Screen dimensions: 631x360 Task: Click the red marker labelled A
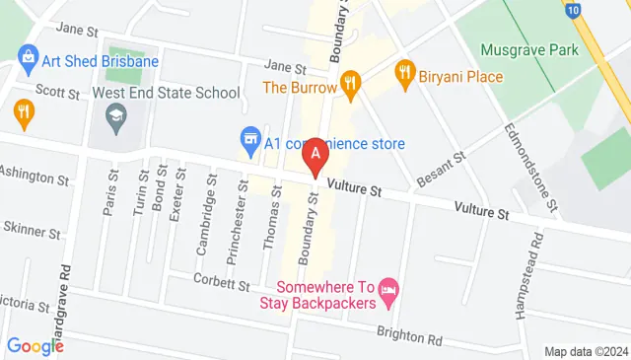tap(315, 155)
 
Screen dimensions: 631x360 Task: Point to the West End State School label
tap(166, 93)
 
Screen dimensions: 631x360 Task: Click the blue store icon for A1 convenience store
tap(250, 137)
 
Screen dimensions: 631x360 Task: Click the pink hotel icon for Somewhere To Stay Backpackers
tap(388, 289)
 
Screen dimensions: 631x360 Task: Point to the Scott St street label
tap(57, 93)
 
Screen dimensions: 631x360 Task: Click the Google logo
tap(35, 346)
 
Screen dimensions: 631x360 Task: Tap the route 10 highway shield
tap(572, 8)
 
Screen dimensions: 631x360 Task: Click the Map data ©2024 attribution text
tap(586, 352)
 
